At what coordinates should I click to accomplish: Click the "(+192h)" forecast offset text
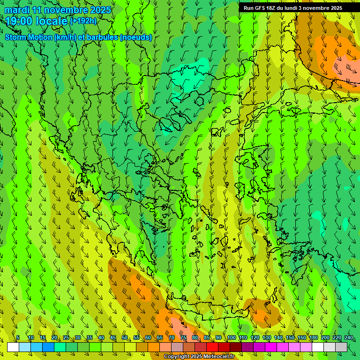(83, 21)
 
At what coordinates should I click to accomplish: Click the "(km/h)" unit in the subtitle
(64, 37)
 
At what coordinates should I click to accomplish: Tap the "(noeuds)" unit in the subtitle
(135, 37)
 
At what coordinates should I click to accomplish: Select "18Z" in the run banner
(273, 8)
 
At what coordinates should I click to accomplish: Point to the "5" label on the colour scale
(18, 338)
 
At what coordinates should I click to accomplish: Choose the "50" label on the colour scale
(125, 338)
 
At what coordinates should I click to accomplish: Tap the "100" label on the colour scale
(231, 338)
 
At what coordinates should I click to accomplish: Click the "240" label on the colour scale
(349, 338)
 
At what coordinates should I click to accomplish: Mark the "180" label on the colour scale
(314, 338)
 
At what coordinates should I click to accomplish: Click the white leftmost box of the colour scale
(13, 347)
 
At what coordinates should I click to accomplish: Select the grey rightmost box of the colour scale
(341, 347)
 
